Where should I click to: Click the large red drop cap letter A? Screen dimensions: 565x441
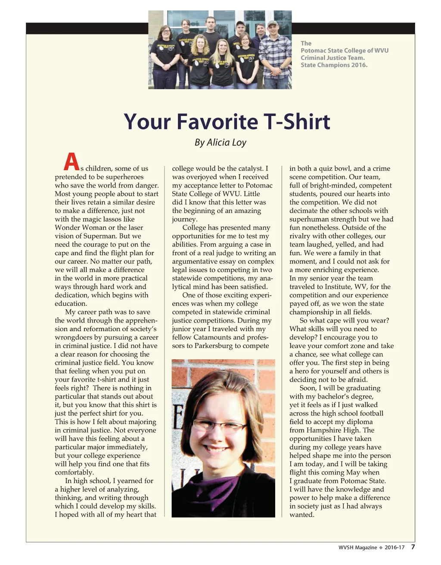[x=71, y=162]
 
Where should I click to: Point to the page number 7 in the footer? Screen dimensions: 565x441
[x=413, y=547]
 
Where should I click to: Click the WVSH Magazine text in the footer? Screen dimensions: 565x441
[x=357, y=547]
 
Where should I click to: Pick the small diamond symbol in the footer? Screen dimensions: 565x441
[x=381, y=547]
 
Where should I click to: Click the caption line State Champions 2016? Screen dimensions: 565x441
[x=334, y=65]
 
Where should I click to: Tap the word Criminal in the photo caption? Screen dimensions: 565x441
[x=314, y=58]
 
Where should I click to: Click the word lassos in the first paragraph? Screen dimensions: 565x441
[x=110, y=219]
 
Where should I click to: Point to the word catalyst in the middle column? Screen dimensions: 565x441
[x=247, y=169]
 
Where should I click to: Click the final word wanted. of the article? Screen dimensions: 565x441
[x=302, y=515]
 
